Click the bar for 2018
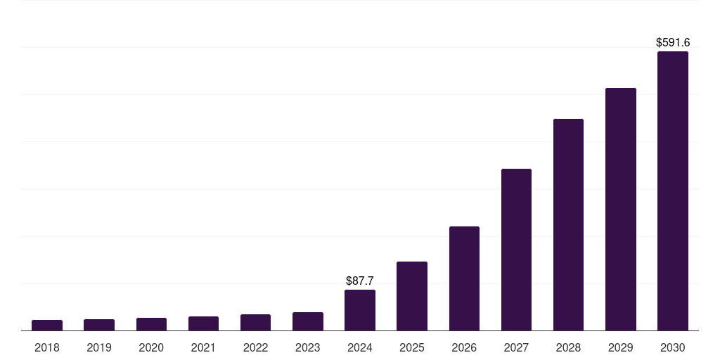[47, 325]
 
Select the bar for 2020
[151, 324]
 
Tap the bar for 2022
[255, 322]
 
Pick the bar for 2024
[360, 310]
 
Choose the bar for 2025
[412, 296]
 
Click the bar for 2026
[464, 278]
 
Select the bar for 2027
[516, 250]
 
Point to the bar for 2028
[568, 224]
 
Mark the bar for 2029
[621, 209]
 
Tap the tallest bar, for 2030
[673, 191]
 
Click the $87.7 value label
[360, 281]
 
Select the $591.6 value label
[673, 43]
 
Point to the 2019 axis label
[99, 347]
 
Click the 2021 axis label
[203, 347]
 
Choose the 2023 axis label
[308, 347]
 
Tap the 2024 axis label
[360, 347]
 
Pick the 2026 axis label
[464, 347]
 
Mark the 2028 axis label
[568, 347]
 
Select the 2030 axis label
[673, 347]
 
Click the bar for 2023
[308, 321]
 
